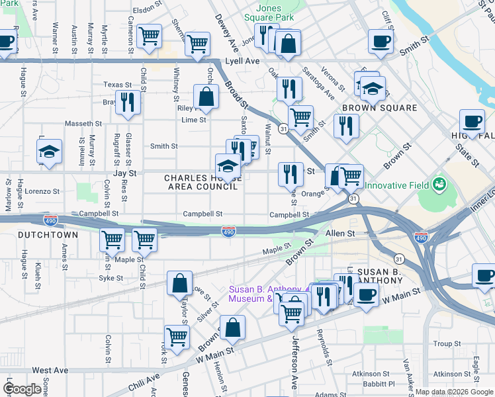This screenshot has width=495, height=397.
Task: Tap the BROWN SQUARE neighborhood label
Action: (x=379, y=108)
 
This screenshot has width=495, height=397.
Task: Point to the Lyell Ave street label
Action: (x=242, y=60)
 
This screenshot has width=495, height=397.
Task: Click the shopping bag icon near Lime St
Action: (x=206, y=96)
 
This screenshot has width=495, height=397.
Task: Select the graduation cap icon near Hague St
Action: (x=49, y=152)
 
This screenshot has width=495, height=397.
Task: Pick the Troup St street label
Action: (x=447, y=344)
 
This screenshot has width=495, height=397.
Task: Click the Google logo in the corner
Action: (x=22, y=389)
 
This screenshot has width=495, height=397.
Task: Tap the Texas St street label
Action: (x=118, y=85)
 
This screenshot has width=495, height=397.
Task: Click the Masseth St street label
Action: (x=83, y=124)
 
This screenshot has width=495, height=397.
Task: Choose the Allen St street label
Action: (x=340, y=234)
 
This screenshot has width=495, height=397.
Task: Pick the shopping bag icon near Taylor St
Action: (x=179, y=283)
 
